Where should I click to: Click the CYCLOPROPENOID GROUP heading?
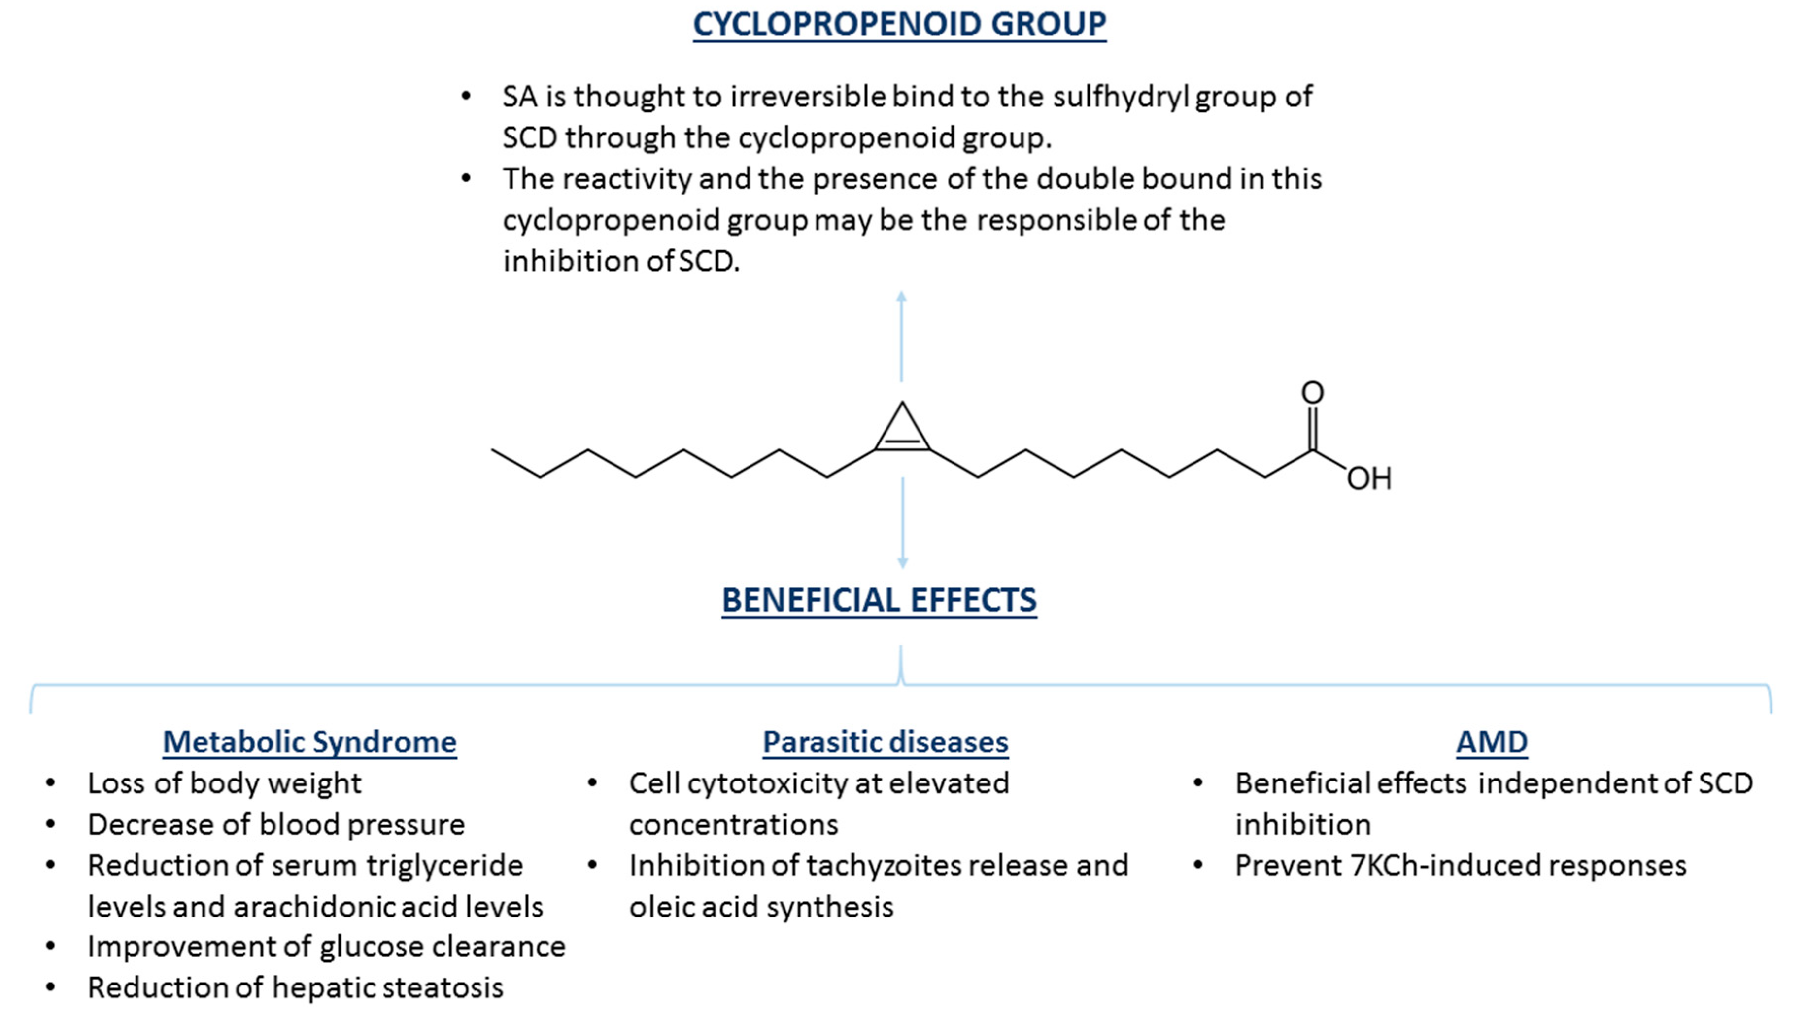899,25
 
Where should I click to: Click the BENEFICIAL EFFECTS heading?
879,601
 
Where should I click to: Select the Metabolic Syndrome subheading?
309,742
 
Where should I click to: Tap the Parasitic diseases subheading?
885,742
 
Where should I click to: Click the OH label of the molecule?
1368,479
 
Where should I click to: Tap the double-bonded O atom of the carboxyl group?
1312,393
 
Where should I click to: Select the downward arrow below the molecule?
902,523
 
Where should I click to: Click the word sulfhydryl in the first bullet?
1121,97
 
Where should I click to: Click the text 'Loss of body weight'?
224,783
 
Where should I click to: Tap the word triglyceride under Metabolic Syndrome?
444,866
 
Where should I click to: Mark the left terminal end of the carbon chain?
493,450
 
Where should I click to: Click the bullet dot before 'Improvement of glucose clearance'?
50,947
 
